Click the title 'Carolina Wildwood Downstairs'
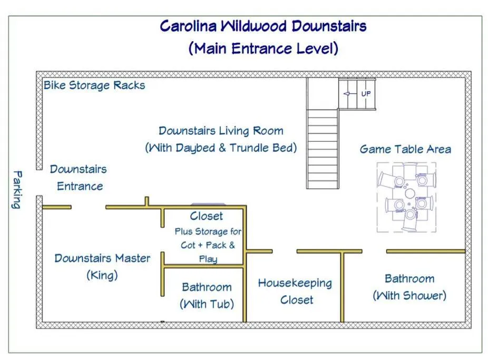[263, 26]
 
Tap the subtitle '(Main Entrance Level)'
[263, 48]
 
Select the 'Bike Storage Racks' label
[94, 85]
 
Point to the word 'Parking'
[17, 189]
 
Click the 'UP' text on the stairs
[366, 93]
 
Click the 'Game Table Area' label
[405, 149]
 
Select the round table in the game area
[409, 193]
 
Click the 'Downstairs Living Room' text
[221, 131]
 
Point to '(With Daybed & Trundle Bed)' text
[221, 148]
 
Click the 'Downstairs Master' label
[102, 258]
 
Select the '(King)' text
[102, 275]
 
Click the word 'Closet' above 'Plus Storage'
[206, 216]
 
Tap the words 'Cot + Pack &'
[208, 245]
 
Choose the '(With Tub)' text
[207, 304]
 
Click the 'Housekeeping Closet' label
[295, 291]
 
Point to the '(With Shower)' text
[409, 295]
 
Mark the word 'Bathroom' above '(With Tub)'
[207, 287]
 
